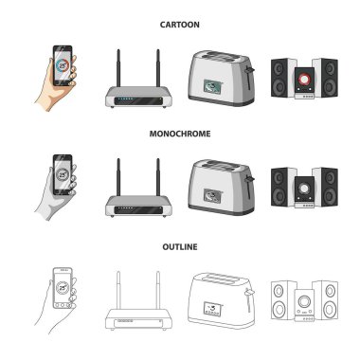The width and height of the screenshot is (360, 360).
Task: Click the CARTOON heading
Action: click(x=179, y=25)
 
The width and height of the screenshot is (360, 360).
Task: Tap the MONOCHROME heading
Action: click(x=180, y=134)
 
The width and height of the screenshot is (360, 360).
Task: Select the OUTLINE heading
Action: click(x=180, y=246)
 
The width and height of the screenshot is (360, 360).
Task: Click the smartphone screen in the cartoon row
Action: click(x=63, y=65)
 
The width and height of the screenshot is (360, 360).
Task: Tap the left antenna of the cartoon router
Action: click(x=118, y=68)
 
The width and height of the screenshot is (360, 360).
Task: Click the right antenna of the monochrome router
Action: click(x=158, y=177)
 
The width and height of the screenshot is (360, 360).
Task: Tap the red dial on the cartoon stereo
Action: click(x=304, y=79)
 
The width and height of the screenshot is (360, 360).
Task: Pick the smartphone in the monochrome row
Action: click(x=63, y=174)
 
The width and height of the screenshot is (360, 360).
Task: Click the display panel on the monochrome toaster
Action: click(x=212, y=196)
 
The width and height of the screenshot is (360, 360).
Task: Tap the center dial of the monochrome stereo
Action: click(x=304, y=189)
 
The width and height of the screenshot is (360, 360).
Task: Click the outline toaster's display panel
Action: click(x=212, y=308)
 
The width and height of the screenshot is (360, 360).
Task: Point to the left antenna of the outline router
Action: click(x=118, y=290)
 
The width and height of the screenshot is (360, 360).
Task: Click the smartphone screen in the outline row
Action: click(x=63, y=287)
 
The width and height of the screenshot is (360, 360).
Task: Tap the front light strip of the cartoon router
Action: click(x=138, y=101)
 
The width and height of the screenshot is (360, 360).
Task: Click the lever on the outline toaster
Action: click(x=249, y=299)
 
